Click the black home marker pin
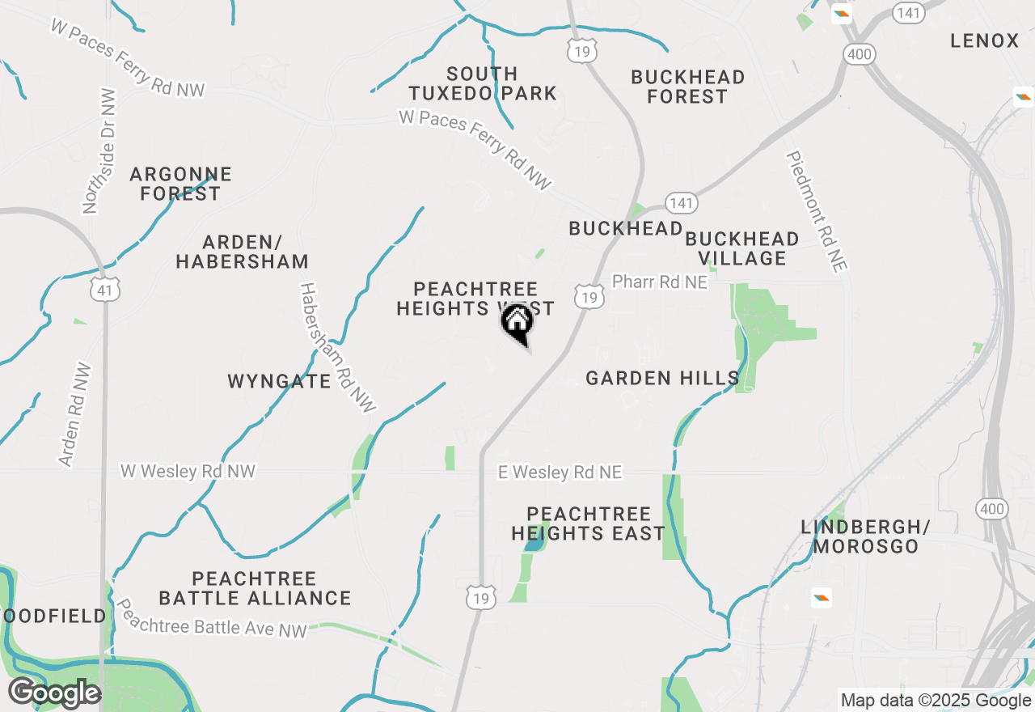pos(517,324)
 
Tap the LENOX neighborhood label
pos(984,40)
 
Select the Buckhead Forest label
pos(688,87)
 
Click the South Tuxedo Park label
pos(482,83)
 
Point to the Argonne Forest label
pos(180,184)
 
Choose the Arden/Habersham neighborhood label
pos(242,252)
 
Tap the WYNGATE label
pos(279,381)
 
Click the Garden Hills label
pos(662,378)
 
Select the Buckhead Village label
pos(741,248)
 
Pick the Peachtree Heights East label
pos(588,523)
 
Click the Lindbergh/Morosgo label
pos(865,536)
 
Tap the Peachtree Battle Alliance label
pos(255,588)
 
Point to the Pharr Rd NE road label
pos(659,282)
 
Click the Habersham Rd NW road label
pos(337,348)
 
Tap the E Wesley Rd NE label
pos(560,472)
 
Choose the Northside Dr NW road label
pos(99,151)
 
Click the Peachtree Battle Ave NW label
pos(212,619)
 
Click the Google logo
pos(54,693)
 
